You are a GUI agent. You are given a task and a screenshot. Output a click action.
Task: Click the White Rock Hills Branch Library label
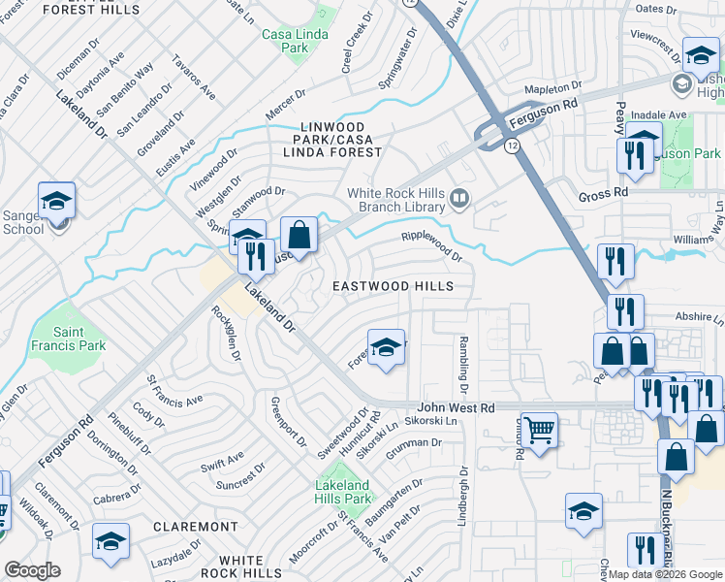(x=396, y=201)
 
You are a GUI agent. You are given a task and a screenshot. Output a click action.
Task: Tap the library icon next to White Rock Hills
(x=459, y=201)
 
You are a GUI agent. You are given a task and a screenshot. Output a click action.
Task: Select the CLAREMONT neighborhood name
(x=196, y=527)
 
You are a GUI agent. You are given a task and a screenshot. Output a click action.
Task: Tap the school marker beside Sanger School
(x=56, y=204)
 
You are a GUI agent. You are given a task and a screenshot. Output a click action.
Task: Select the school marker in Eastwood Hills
(x=386, y=349)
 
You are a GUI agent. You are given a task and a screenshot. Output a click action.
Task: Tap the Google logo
(x=33, y=569)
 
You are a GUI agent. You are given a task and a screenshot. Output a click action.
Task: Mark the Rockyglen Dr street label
(x=226, y=334)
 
